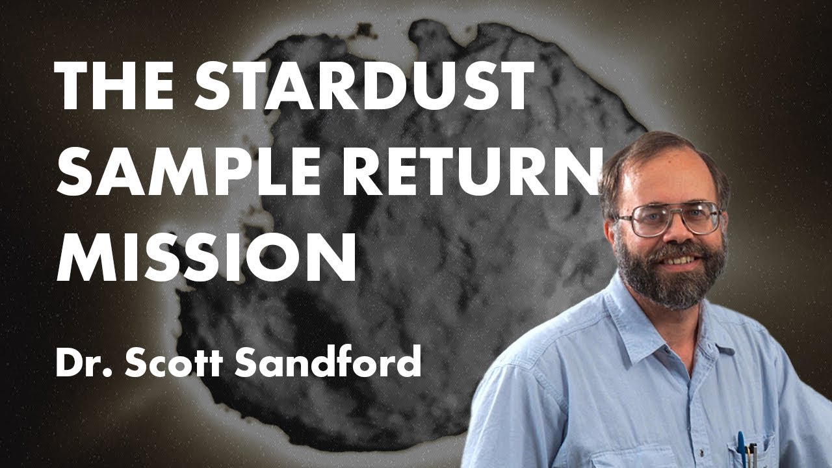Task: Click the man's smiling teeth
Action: click(679, 260)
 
